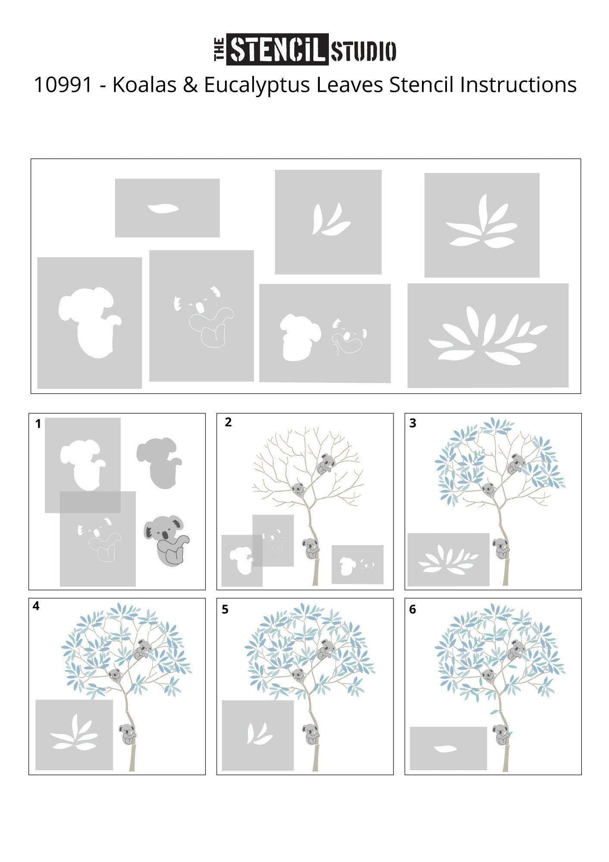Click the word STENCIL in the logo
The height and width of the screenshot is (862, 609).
[x=278, y=50]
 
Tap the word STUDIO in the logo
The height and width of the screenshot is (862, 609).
[x=363, y=51]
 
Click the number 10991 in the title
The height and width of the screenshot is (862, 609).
[x=63, y=85]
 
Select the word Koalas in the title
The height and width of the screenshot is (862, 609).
[x=144, y=85]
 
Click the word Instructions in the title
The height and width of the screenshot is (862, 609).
[x=518, y=85]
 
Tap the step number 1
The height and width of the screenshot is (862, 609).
[x=38, y=424]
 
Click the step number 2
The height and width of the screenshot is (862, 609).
[x=228, y=422]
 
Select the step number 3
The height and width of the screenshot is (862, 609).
[x=413, y=423]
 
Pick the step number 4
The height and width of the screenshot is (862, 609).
[x=36, y=606]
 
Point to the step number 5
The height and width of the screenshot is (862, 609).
[x=225, y=609]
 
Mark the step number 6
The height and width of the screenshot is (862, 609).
[x=413, y=609]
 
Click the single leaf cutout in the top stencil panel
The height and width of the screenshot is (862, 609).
[x=163, y=209]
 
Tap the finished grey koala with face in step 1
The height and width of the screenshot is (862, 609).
[x=166, y=540]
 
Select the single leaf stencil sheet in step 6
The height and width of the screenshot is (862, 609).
[x=448, y=749]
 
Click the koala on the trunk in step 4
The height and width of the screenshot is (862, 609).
[x=128, y=734]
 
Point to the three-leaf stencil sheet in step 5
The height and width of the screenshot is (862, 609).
[x=258, y=736]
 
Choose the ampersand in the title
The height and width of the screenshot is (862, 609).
[x=190, y=85]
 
